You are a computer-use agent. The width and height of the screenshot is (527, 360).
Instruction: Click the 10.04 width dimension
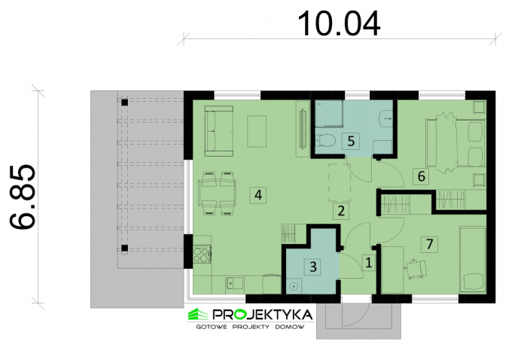339,23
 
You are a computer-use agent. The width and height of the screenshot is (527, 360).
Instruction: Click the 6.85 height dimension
22,197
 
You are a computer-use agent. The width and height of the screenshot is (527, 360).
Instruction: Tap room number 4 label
258,195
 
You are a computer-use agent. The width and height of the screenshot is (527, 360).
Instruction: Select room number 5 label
351,141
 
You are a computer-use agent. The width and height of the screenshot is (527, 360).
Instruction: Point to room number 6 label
421,176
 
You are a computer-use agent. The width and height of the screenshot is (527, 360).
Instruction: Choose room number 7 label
430,244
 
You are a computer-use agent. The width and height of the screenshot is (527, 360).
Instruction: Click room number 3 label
313,267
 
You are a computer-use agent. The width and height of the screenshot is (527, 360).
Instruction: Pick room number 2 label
341,211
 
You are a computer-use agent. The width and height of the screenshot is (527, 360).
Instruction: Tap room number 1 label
369,263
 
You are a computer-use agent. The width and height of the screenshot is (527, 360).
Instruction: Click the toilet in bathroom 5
325,140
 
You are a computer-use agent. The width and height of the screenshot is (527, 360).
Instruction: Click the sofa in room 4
219,131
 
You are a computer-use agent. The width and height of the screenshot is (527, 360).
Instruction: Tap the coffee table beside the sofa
257,131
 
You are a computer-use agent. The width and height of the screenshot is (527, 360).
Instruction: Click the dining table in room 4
218,194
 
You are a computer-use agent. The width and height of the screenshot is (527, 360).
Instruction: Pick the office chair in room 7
416,269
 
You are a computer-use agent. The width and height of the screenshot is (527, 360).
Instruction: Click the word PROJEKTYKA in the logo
263,315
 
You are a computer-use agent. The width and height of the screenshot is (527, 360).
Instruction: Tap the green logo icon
198,315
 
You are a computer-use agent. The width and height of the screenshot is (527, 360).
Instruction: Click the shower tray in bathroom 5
329,114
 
